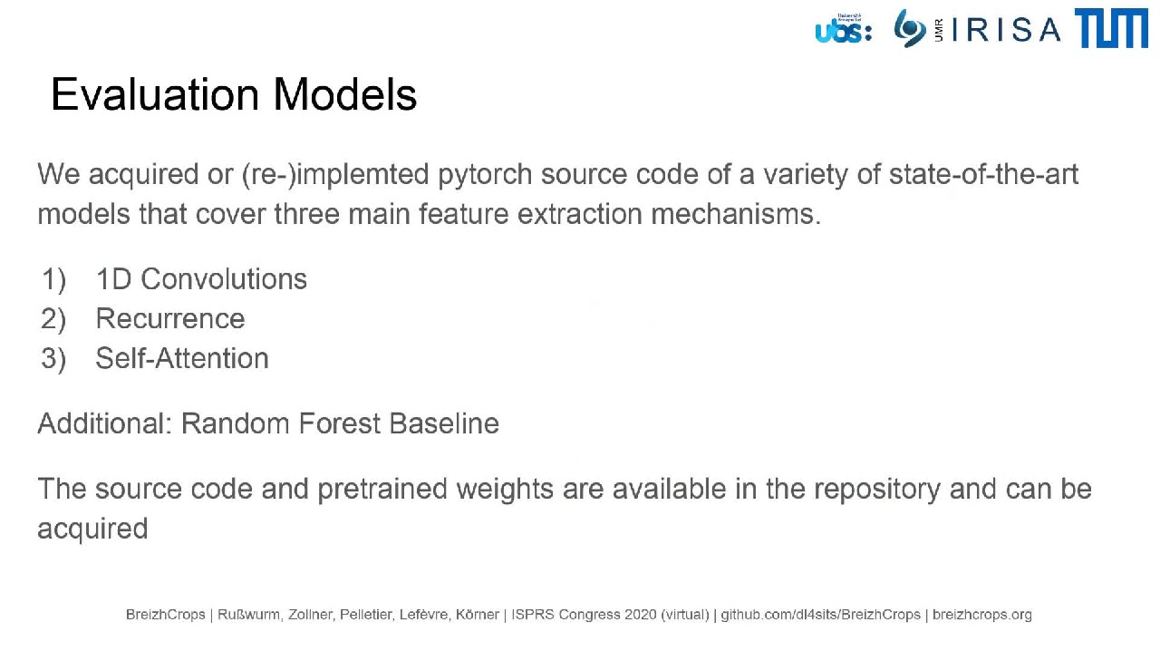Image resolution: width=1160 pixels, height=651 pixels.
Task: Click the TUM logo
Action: coord(1111,28)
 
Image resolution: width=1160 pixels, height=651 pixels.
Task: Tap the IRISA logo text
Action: coord(1006,30)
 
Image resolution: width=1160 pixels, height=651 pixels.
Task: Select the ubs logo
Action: coord(844,28)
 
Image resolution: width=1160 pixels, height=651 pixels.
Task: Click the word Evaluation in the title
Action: coord(155,94)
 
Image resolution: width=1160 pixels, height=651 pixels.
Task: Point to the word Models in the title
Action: coord(345,94)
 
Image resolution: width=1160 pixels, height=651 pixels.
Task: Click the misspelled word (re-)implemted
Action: coord(335,175)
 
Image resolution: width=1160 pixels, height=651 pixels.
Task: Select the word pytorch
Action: coord(485,175)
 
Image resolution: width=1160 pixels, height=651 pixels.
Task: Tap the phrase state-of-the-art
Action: coord(984,174)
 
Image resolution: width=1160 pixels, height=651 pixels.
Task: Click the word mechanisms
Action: coord(736,214)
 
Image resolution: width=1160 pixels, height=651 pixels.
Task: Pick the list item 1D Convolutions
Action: coord(201,279)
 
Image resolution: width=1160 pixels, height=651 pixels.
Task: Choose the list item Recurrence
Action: coord(170,318)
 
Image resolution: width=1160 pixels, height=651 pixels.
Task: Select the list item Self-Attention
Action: coord(182,358)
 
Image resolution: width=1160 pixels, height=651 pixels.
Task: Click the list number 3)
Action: coord(53,359)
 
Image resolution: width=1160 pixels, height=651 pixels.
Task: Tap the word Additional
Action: coord(104,423)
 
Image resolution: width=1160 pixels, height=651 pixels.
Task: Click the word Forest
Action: coord(339,423)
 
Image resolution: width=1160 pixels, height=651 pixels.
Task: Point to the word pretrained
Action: coord(382,490)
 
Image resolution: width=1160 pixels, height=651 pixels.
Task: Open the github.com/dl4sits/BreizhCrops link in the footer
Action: coord(821,615)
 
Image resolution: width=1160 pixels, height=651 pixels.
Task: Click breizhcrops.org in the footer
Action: coord(981,615)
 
